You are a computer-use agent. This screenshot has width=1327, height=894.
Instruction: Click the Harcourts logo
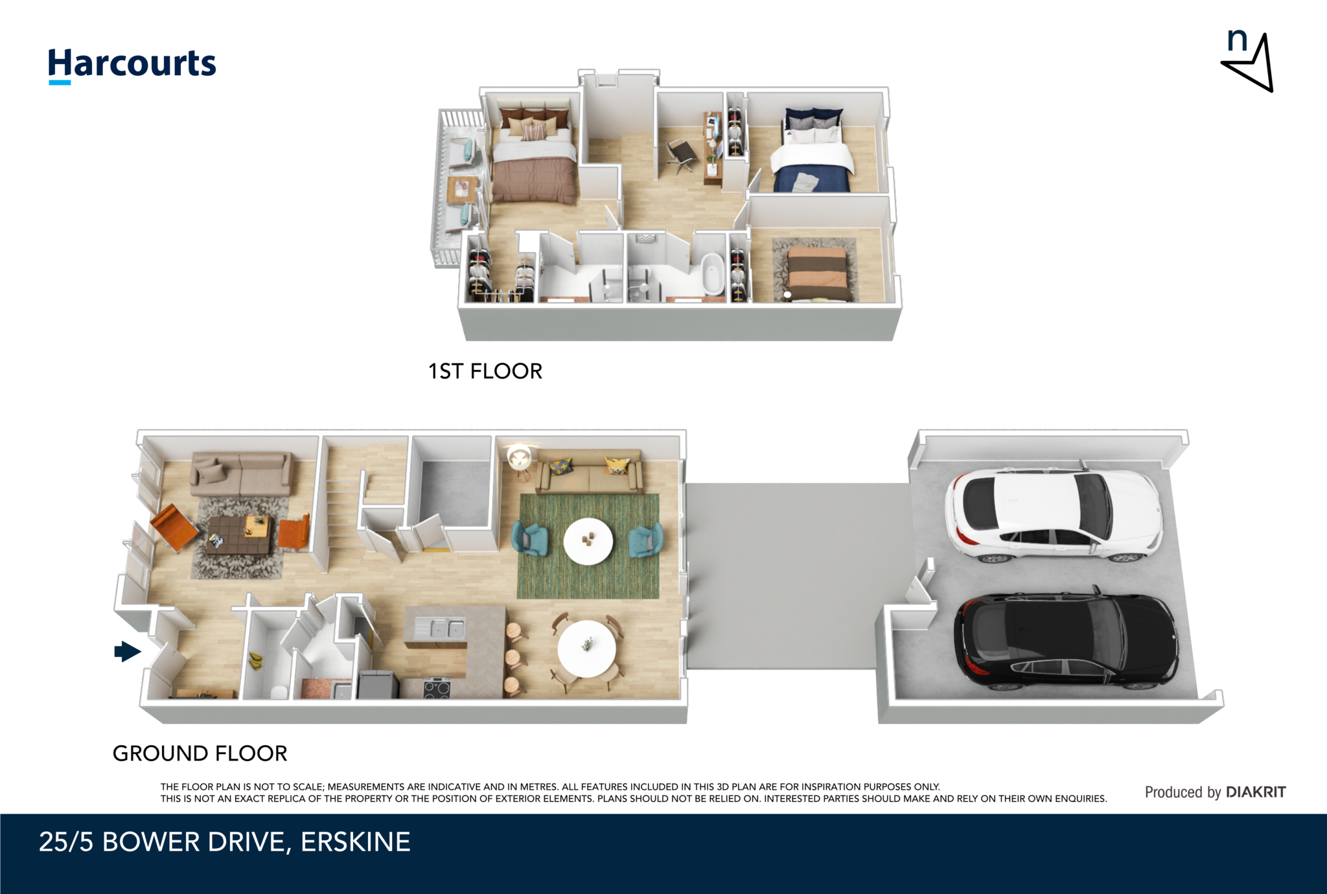[x=132, y=65]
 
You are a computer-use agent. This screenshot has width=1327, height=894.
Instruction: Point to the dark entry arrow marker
[x=128, y=651]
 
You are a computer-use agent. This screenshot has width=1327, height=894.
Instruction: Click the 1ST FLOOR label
[x=485, y=371]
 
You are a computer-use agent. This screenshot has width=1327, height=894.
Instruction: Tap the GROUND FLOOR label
[x=200, y=753]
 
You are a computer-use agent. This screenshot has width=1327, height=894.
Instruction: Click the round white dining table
[x=587, y=648]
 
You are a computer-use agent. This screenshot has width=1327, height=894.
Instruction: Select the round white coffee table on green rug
[x=588, y=541]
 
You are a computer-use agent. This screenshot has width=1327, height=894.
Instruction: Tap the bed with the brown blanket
[x=534, y=156]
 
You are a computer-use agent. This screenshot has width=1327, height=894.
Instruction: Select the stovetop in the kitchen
[x=437, y=687]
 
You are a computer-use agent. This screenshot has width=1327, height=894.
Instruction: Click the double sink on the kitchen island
[x=441, y=628]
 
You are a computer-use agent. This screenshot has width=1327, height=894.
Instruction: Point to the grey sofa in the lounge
[x=240, y=474]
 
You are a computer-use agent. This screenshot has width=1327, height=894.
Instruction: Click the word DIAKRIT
[x=1256, y=792]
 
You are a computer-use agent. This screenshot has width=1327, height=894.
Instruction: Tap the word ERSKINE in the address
[x=355, y=842]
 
